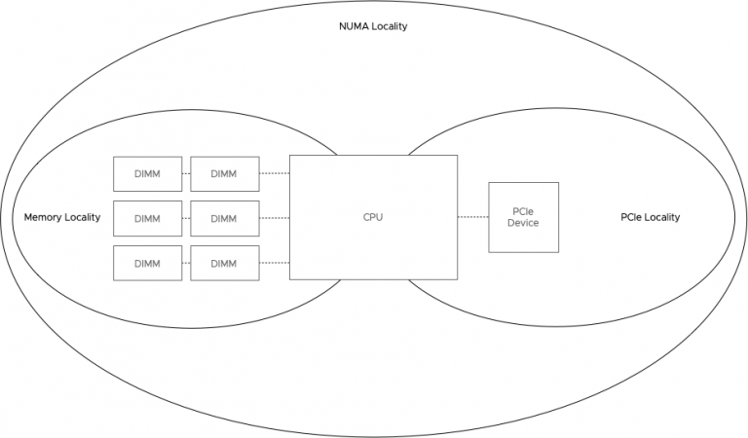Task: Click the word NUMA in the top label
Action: [349, 26]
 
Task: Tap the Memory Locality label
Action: [62, 217]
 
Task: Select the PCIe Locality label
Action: [650, 217]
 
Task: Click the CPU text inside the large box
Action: [373, 217]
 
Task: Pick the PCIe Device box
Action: [523, 217]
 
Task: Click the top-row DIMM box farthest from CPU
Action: [147, 174]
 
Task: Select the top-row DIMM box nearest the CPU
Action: [224, 174]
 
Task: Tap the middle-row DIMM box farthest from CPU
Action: [147, 218]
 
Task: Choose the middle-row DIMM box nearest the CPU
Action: [224, 218]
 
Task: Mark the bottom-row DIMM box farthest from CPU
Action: [147, 263]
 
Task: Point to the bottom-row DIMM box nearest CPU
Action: [224, 263]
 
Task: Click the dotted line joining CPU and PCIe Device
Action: [472, 217]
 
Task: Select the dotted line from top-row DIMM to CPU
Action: [275, 174]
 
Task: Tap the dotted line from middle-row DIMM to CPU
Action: [275, 218]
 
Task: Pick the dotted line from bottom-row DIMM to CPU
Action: [275, 263]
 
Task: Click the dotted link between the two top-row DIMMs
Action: [185, 174]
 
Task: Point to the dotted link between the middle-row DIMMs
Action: [185, 218]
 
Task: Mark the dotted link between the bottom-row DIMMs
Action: [185, 263]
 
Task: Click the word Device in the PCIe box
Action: [523, 224]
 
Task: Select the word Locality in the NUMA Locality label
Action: [389, 26]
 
